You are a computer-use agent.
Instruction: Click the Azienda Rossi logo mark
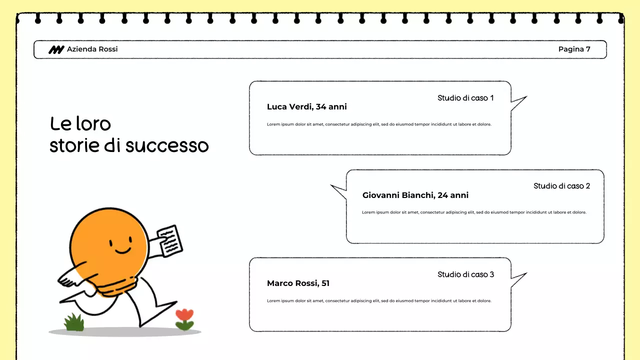[x=56, y=49]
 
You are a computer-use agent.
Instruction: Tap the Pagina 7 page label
[x=574, y=49]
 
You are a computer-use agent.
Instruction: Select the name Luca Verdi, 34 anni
[x=306, y=106]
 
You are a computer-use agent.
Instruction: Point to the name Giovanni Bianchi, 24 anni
[x=415, y=195]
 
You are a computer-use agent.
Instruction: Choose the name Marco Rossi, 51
[x=298, y=283]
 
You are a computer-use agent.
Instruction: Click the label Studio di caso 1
[x=465, y=98]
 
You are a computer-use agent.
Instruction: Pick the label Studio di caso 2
[x=561, y=186]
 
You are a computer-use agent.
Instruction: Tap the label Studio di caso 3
[x=465, y=274]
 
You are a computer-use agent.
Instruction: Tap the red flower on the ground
[x=184, y=315]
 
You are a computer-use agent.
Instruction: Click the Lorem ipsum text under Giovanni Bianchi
[x=473, y=212]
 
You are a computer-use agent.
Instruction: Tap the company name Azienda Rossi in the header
[x=92, y=49]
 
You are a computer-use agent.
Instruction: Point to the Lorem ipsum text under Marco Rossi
[x=379, y=301]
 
